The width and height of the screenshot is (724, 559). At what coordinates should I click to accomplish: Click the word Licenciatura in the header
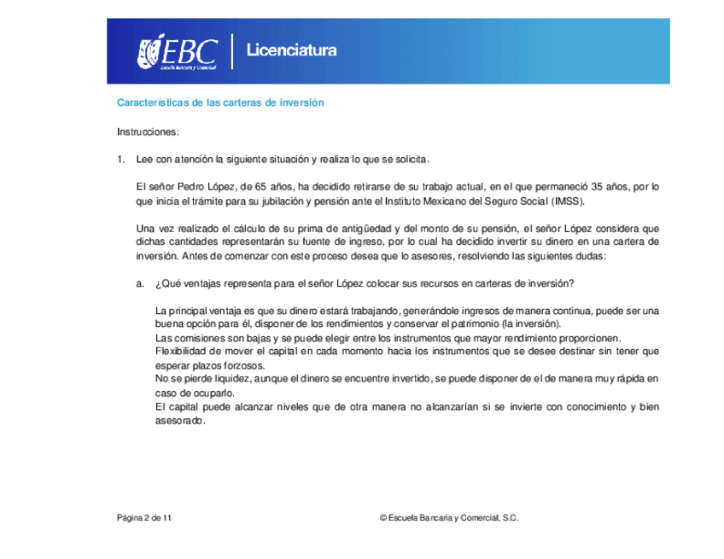(x=291, y=50)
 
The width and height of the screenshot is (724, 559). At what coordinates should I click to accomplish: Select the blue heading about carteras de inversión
(x=220, y=102)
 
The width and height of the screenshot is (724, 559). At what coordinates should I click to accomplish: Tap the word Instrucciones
(x=148, y=132)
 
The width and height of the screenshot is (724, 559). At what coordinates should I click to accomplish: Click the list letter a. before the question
(x=140, y=283)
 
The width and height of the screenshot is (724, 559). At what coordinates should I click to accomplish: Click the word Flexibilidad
(x=181, y=351)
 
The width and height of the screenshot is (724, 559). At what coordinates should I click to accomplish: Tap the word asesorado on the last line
(x=180, y=421)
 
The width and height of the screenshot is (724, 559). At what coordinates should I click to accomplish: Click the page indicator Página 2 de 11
(x=144, y=517)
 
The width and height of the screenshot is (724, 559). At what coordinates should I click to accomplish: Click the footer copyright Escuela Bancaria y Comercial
(x=452, y=517)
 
